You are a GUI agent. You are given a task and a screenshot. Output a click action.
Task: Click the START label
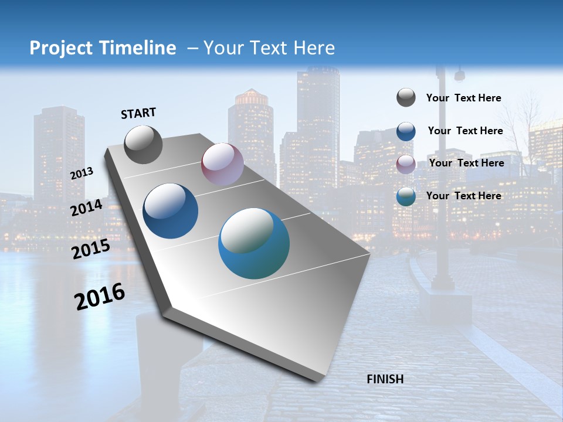click(x=138, y=113)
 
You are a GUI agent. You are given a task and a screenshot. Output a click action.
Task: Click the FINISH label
click(x=385, y=379)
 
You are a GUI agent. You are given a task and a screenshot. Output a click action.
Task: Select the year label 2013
click(x=82, y=173)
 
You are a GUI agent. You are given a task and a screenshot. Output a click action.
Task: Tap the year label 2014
click(x=86, y=208)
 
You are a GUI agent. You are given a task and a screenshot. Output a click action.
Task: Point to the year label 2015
click(x=90, y=249)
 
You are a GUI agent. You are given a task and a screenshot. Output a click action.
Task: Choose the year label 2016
click(x=100, y=296)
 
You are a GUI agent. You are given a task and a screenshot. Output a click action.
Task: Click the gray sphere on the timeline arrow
click(x=143, y=144)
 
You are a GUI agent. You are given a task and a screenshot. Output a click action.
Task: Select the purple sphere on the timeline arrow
click(x=222, y=164)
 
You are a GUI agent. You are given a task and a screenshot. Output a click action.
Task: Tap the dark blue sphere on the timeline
click(x=171, y=211)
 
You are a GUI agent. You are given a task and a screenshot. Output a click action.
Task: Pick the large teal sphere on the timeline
click(x=254, y=243)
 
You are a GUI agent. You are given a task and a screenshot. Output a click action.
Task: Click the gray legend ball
click(x=406, y=98)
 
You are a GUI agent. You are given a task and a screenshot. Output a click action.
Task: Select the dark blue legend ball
click(x=406, y=131)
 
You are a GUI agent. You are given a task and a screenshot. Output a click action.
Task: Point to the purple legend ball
click(x=406, y=164)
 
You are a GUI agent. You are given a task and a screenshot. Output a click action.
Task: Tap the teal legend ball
click(x=406, y=196)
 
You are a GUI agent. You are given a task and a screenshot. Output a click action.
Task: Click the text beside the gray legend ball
click(x=463, y=98)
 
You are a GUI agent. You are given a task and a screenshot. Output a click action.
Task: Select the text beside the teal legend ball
click(x=463, y=196)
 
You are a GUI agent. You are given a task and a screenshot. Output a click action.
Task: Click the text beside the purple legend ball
click(x=466, y=163)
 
